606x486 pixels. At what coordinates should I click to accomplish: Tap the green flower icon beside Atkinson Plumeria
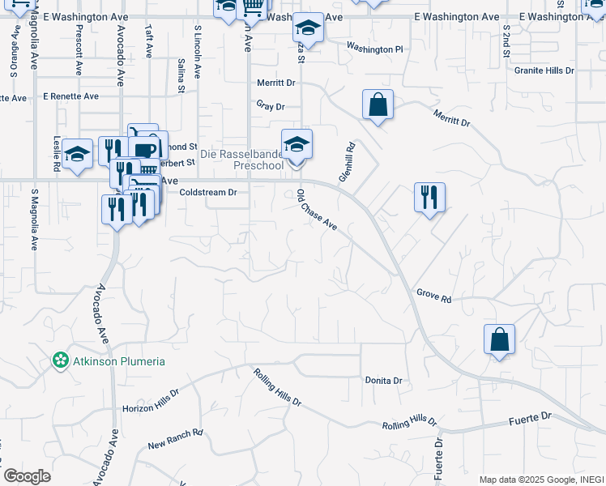pyautogui.click(x=60, y=360)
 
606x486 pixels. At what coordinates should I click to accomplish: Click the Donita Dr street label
pyautogui.click(x=383, y=381)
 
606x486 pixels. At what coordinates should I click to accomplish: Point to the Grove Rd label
pyautogui.click(x=433, y=296)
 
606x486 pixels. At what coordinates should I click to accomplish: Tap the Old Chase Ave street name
pyautogui.click(x=317, y=210)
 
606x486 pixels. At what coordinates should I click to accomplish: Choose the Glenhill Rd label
pyautogui.click(x=347, y=162)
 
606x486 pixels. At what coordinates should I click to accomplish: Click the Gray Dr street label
pyautogui.click(x=271, y=106)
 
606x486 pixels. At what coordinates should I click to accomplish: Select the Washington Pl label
pyautogui.click(x=374, y=49)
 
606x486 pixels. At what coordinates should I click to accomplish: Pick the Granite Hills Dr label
pyautogui.click(x=544, y=70)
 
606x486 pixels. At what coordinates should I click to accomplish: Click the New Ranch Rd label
pyautogui.click(x=175, y=439)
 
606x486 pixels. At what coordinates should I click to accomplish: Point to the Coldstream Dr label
pyautogui.click(x=207, y=193)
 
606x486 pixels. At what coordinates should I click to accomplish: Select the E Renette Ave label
pyautogui.click(x=71, y=96)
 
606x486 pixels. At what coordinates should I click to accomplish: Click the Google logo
pyautogui.click(x=27, y=475)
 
